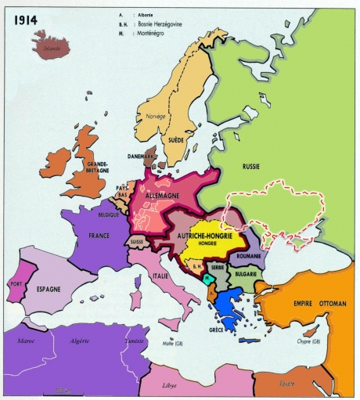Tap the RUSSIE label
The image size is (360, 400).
(254, 167)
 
